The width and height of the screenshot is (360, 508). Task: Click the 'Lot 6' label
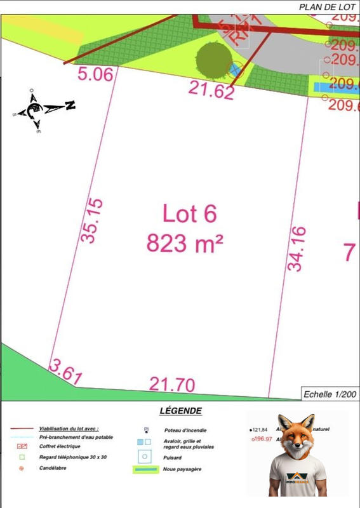[x=189, y=213]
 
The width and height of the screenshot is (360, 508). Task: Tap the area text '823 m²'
[x=185, y=242]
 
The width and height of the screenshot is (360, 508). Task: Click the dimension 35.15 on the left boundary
[x=92, y=220]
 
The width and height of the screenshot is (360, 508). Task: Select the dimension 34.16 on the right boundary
[x=297, y=248]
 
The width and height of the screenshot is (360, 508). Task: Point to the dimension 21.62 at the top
[x=211, y=90]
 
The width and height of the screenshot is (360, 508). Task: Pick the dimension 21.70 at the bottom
[x=172, y=384]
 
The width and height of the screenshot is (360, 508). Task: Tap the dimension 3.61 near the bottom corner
[x=65, y=372]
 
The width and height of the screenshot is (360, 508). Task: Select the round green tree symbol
[x=213, y=60]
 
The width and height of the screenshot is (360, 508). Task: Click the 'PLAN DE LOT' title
[x=327, y=7]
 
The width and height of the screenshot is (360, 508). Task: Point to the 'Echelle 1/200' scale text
[x=330, y=394]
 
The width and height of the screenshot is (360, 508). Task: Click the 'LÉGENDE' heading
[x=181, y=411]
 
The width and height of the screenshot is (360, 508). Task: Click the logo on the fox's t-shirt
[x=297, y=477]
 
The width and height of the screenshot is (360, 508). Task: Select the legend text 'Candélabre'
[x=53, y=468]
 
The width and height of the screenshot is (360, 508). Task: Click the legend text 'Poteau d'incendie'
[x=185, y=430]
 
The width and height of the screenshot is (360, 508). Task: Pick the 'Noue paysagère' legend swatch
[x=145, y=470]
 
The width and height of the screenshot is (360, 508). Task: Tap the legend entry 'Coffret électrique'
[x=60, y=446]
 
